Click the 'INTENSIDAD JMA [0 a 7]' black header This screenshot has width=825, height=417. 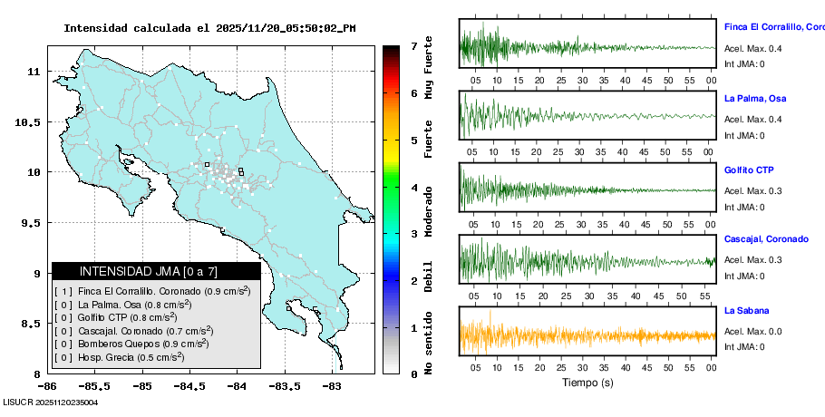pyautogui.click(x=156, y=271)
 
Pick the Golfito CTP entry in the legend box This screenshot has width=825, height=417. pyautogui.click(x=127, y=317)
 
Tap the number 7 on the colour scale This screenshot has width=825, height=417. pyautogui.click(x=412, y=45)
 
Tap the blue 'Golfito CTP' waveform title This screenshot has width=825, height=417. pyautogui.click(x=749, y=170)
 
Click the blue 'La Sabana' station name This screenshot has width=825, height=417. pyautogui.click(x=746, y=310)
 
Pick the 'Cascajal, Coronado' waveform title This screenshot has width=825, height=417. pyautogui.click(x=766, y=238)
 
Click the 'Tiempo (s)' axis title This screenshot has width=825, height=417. pyautogui.click(x=587, y=383)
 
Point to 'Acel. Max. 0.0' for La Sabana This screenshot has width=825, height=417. pyautogui.click(x=752, y=332)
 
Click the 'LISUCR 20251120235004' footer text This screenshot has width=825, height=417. pyautogui.click(x=51, y=402)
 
